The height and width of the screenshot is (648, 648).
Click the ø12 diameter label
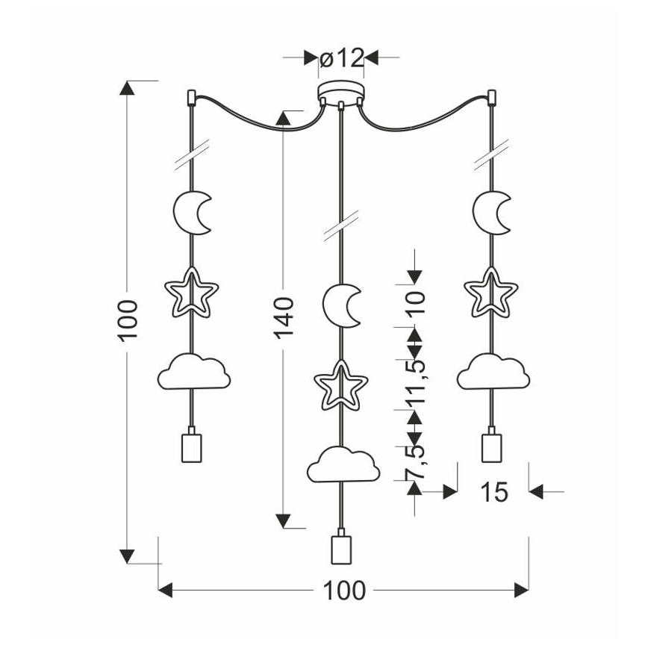340,57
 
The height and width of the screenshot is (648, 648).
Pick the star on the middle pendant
340,385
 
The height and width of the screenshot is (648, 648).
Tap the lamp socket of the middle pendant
340,549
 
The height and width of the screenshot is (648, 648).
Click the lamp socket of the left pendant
191,446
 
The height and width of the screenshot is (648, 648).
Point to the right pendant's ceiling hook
491,96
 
